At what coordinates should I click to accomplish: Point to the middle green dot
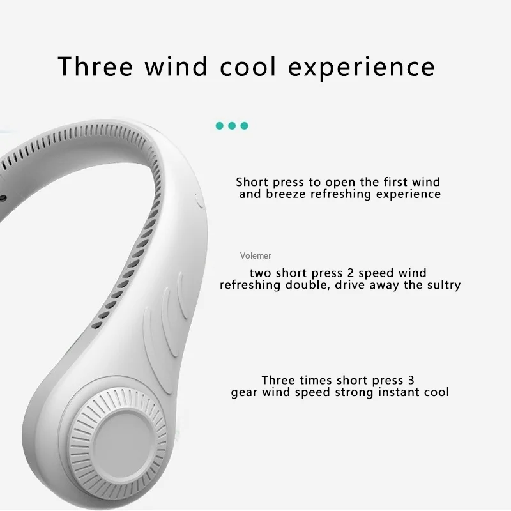232,125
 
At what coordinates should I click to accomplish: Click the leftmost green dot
220,125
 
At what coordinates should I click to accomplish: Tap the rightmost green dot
244,125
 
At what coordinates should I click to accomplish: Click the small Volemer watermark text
256,256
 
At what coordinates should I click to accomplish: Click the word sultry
441,285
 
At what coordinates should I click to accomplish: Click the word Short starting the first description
252,183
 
